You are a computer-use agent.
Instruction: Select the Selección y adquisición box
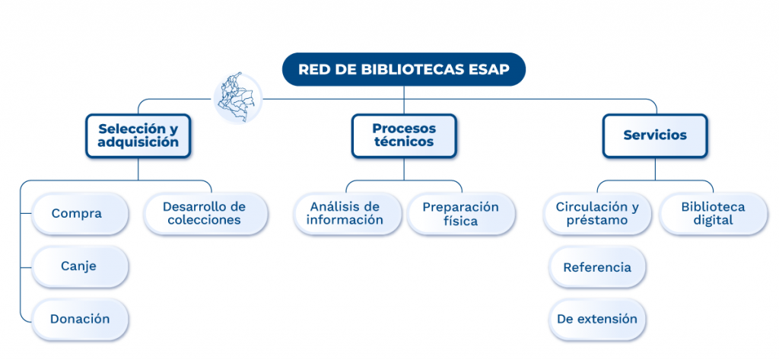[x=138, y=135]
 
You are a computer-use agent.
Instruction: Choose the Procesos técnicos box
[x=404, y=135]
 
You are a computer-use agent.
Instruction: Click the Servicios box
[x=655, y=135]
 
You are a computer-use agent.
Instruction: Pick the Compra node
[x=77, y=214]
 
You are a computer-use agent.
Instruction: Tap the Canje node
[x=78, y=266]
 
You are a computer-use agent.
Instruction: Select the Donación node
[x=80, y=319]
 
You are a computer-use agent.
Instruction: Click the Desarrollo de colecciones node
[x=205, y=214]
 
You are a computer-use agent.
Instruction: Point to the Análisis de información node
[x=345, y=214]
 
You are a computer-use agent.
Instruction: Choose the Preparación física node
[x=461, y=214]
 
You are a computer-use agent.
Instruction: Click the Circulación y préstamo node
[x=597, y=214]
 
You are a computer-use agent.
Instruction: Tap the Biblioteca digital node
[x=713, y=214]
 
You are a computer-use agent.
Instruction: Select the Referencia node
[x=597, y=267]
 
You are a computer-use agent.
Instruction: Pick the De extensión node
[x=597, y=319]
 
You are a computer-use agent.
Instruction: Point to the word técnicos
[x=404, y=142]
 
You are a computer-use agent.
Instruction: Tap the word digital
[x=713, y=221]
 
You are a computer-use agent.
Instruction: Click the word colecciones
[x=205, y=221]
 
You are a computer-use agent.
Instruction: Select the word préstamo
[x=597, y=221]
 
